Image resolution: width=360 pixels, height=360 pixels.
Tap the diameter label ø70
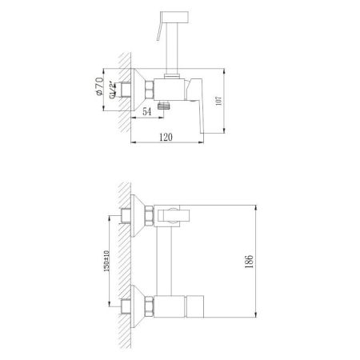tap(100, 83)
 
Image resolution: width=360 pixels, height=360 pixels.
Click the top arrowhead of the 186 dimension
tap(256, 202)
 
